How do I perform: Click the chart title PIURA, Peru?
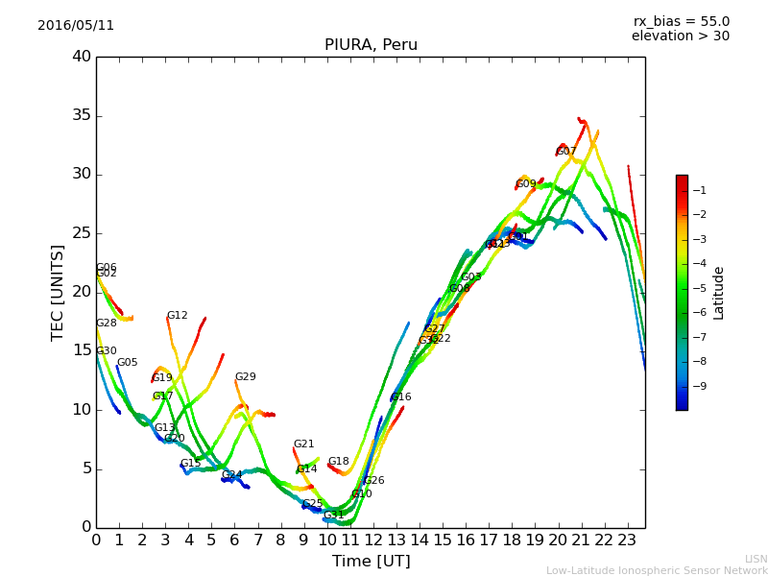coord(371,45)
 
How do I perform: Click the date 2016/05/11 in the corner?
coord(76,26)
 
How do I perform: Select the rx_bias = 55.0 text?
coord(681,22)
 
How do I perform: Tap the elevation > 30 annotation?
coord(680,36)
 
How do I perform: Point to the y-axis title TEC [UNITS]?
coord(58,292)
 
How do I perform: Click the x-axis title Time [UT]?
coord(371,562)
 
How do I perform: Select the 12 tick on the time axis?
coord(373,540)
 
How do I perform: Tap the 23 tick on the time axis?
coord(628,540)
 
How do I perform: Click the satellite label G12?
coord(178,316)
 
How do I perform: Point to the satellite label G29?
coord(246,377)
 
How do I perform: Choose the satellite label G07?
coord(566,152)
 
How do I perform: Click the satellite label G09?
coord(526,184)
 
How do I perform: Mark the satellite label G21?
coord(304,444)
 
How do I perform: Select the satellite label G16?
coord(401,397)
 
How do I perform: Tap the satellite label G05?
coord(128,363)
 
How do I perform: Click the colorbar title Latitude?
coord(719,293)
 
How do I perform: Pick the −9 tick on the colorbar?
coord(700,386)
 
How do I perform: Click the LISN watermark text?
coord(756,559)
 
